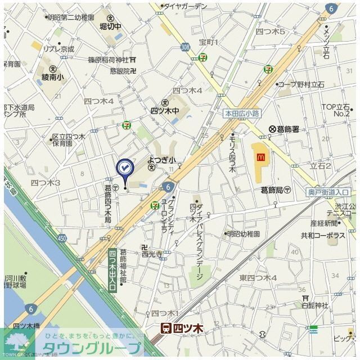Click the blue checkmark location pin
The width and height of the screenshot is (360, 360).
point(124,168)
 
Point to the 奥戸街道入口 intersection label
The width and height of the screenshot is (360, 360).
point(328,192)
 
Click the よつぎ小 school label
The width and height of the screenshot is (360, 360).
point(162,160)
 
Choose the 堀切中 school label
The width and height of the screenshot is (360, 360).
point(110,26)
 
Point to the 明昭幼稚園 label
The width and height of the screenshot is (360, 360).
point(242,233)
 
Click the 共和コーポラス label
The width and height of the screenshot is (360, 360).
point(323,236)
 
